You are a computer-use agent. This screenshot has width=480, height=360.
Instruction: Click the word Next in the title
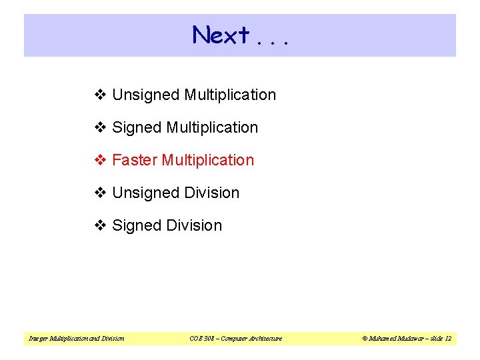[221, 35]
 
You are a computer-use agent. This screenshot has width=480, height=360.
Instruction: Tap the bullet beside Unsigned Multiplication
[101, 95]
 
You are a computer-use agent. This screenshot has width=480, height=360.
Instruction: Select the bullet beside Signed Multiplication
[101, 127]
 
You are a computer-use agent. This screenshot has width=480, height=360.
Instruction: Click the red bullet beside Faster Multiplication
[101, 160]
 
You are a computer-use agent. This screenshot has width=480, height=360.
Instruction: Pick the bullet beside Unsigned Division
[101, 193]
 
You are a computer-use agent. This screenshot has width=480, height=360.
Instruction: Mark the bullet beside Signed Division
[101, 225]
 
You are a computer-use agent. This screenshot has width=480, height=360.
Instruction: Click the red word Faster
[135, 160]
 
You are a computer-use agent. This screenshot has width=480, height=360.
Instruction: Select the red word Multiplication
[208, 160]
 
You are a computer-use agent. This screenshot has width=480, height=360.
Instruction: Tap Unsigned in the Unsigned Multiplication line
[146, 95]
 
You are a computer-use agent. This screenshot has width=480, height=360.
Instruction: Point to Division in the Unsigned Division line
[212, 193]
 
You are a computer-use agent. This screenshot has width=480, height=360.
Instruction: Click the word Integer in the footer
[37, 339]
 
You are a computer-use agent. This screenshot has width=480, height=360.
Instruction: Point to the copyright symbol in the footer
[365, 339]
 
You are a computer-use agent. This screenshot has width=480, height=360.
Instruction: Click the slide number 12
[448, 339]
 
